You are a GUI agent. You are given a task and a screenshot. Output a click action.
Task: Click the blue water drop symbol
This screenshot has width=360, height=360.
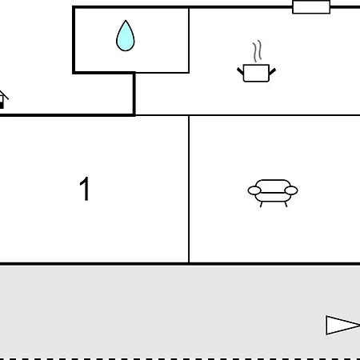[126, 37]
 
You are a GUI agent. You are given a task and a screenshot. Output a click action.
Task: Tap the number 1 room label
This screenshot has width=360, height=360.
[85, 189]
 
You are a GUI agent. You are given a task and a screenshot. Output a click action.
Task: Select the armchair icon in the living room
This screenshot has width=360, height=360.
[273, 193]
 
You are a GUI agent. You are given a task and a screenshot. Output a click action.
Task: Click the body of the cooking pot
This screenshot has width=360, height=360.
[256, 73]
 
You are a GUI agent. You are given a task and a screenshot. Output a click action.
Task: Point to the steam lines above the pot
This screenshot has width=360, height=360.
[258, 51]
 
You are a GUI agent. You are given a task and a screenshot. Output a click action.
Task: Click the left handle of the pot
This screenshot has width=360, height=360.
[240, 71]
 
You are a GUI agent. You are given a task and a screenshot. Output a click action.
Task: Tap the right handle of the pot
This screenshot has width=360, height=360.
[272, 71]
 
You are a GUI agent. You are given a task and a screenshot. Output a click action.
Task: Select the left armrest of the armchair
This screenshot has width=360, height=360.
[254, 190]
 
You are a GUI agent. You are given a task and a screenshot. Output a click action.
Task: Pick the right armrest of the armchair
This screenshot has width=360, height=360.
[291, 190]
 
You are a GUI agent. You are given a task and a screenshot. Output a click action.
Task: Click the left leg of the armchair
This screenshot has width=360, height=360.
[262, 204]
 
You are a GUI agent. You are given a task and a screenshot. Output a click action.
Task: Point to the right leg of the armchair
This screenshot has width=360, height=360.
[286, 204]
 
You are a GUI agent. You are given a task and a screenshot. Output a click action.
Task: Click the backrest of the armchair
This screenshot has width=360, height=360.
[273, 186]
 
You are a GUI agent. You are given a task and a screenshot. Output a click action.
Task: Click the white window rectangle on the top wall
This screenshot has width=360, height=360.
[311, 7]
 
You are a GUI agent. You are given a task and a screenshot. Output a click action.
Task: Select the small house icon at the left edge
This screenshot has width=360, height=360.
[2, 99]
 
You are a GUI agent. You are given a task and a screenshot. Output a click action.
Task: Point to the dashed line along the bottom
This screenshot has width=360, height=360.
[180, 358]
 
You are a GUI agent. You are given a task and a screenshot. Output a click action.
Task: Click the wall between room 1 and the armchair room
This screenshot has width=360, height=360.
[189, 189]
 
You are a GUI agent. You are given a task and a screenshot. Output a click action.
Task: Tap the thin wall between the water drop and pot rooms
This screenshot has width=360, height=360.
[189, 40]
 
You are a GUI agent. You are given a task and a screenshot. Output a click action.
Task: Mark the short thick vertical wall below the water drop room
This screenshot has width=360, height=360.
[134, 94]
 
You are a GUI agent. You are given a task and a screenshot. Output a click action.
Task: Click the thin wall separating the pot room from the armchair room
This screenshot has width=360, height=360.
[248, 115]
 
